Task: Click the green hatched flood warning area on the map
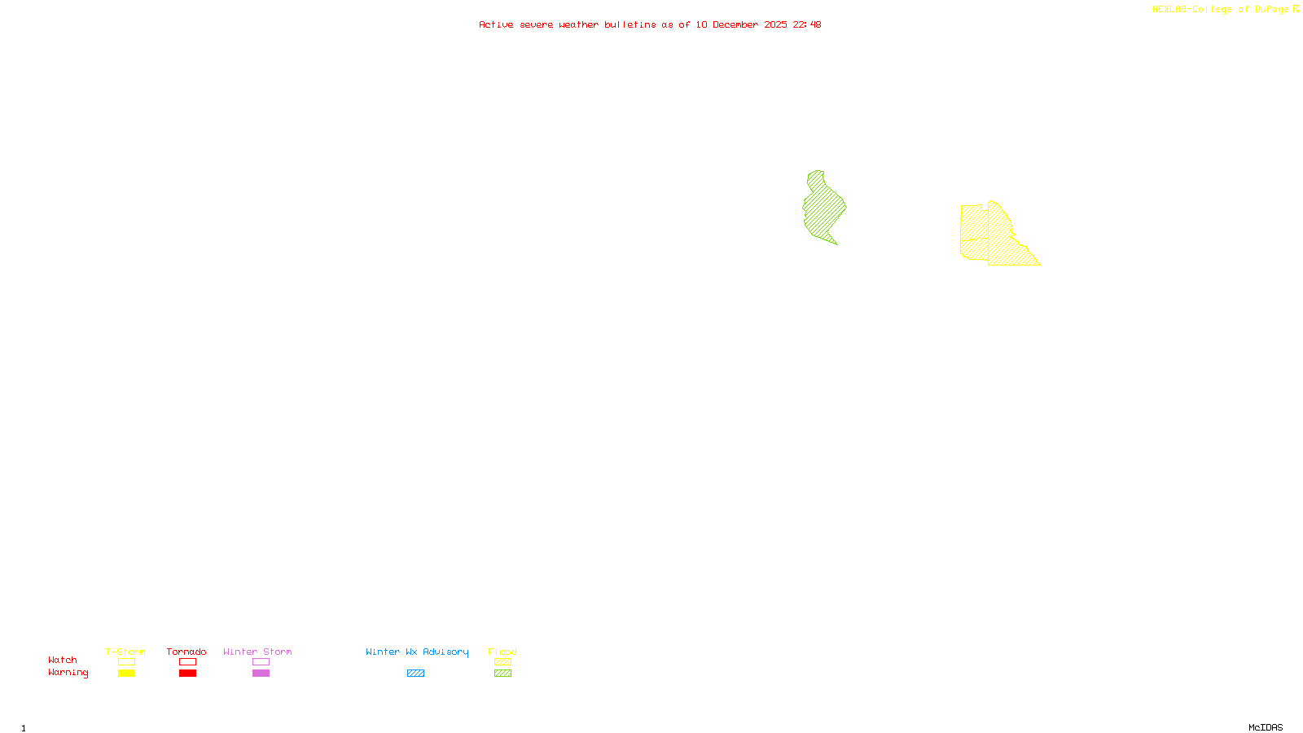[823, 208]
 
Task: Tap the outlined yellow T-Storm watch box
[126, 662]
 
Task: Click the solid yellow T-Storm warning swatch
[126, 674]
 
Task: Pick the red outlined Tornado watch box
[187, 662]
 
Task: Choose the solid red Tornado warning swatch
[187, 674]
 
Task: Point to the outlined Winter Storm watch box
[261, 662]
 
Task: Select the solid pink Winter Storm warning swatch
[261, 674]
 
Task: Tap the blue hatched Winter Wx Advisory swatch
[415, 674]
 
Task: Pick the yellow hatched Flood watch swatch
[502, 662]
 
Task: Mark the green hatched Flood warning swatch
[502, 674]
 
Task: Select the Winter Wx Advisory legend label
[417, 652]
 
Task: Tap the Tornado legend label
[186, 652]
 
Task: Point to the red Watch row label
[63, 661]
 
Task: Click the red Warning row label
[68, 673]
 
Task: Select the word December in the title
[735, 25]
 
